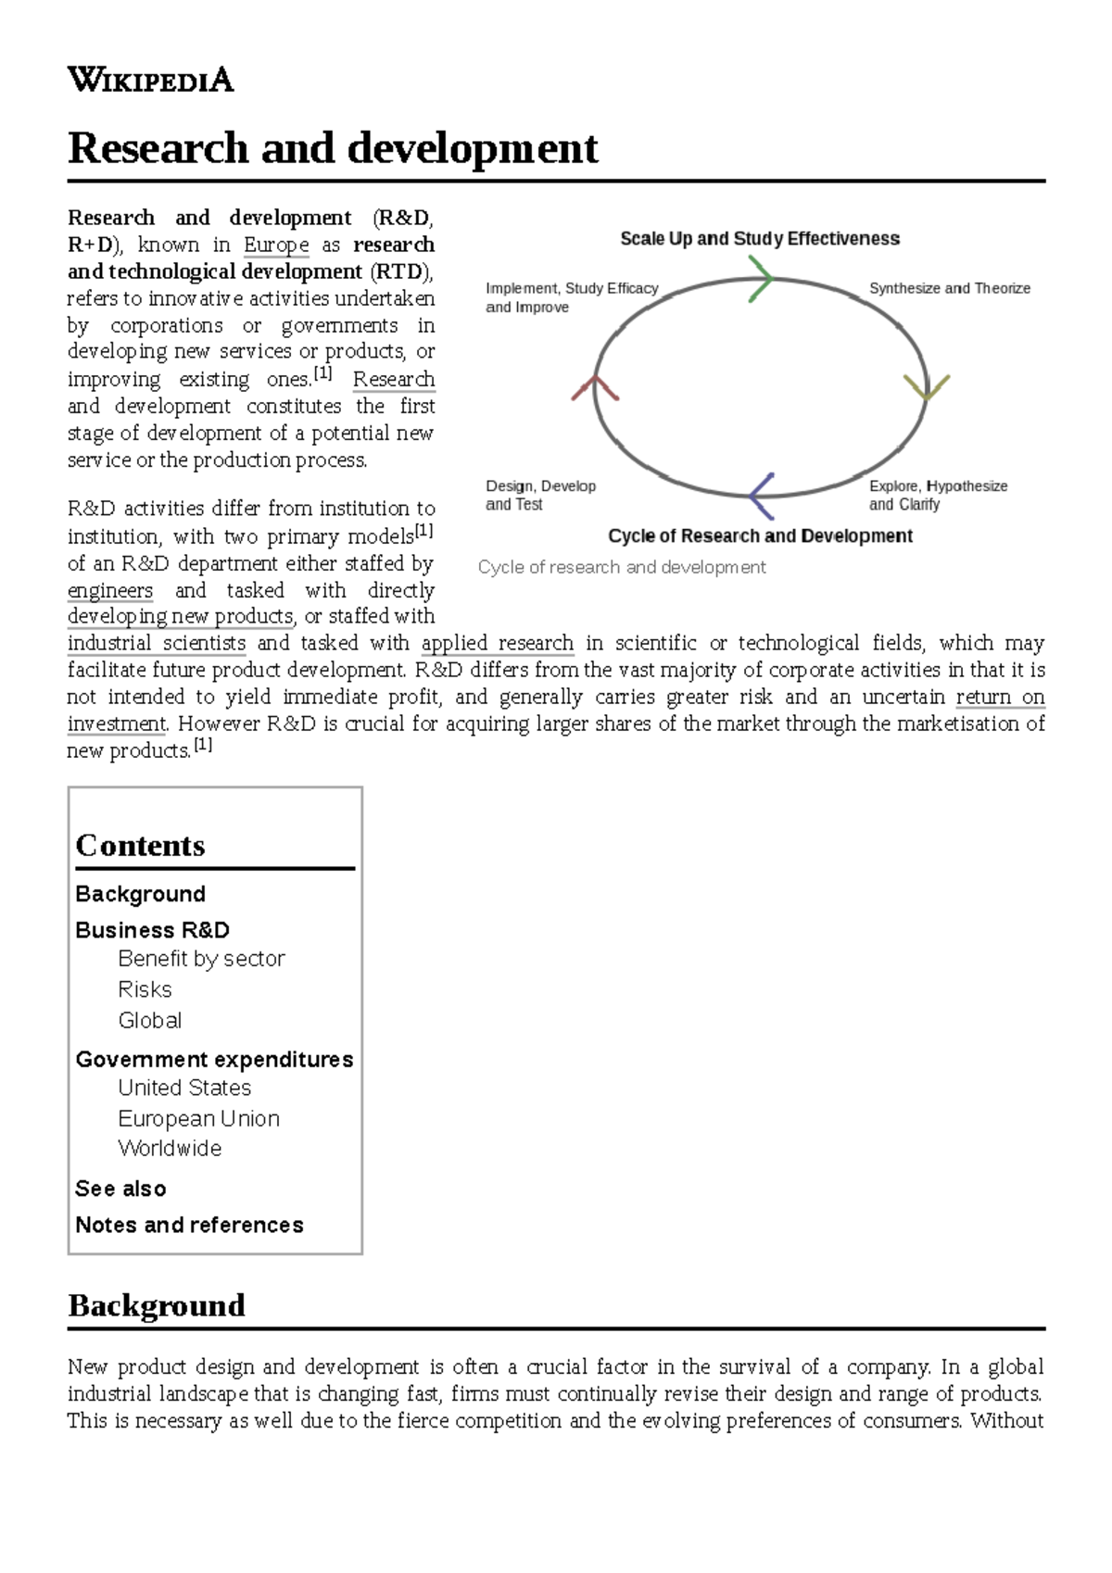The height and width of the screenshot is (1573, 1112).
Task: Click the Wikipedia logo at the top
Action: coord(150,80)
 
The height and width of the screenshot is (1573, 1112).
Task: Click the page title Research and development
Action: coord(333,148)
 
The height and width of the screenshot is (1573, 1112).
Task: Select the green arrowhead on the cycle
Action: coord(761,278)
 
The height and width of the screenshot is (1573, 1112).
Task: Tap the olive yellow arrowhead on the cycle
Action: coord(926,387)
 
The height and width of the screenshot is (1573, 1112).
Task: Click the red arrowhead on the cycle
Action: coord(595,387)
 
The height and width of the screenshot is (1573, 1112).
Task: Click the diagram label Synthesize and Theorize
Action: coord(949,288)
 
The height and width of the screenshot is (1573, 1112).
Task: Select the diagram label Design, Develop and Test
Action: coord(540,495)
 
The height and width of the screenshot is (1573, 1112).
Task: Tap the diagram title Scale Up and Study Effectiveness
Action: coord(760,239)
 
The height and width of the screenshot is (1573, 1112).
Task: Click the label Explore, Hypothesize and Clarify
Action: coord(937,495)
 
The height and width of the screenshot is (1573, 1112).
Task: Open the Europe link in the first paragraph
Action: coord(276,245)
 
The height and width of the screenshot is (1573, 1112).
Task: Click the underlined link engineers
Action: coord(110,590)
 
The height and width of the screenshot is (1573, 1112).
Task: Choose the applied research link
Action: coord(498,643)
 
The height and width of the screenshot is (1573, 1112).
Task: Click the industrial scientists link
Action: coord(157,643)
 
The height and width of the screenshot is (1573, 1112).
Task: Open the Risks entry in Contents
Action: coord(145,989)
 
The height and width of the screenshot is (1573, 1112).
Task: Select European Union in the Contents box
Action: coord(198,1118)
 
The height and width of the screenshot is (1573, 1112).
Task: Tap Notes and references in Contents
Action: coord(189,1225)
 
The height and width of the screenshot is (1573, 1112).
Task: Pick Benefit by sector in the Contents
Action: coord(201,959)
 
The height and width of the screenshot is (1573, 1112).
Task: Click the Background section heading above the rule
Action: coord(157,1305)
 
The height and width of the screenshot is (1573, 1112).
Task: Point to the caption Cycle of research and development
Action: coord(622,567)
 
